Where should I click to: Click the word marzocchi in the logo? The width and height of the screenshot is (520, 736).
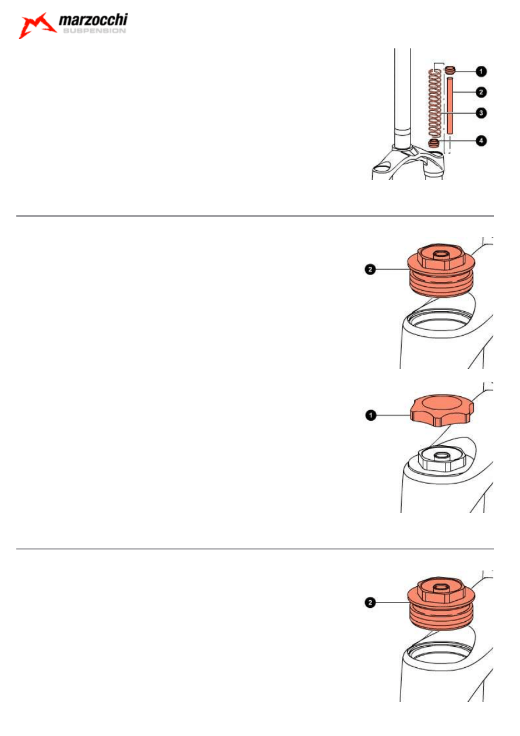93,20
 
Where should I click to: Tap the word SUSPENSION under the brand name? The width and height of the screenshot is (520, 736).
94,31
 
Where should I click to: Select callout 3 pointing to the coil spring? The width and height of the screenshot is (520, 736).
481,113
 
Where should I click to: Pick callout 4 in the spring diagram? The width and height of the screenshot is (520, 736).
481,141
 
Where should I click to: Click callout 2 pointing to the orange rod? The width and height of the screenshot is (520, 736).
481,92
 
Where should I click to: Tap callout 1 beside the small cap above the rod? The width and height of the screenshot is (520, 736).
481,71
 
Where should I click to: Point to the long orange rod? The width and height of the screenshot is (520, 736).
450,105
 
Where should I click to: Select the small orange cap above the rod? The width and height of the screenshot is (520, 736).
450,70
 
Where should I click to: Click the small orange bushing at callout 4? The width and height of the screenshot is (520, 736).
434,143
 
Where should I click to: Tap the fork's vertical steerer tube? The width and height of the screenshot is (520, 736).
402,98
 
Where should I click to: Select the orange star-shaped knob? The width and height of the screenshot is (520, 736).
442,411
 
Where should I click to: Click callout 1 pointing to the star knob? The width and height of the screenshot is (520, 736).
371,415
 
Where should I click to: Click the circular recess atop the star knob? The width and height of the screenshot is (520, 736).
442,403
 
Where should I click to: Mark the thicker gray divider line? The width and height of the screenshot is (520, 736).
254,216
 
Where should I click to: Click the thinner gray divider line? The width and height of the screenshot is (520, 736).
254,549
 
